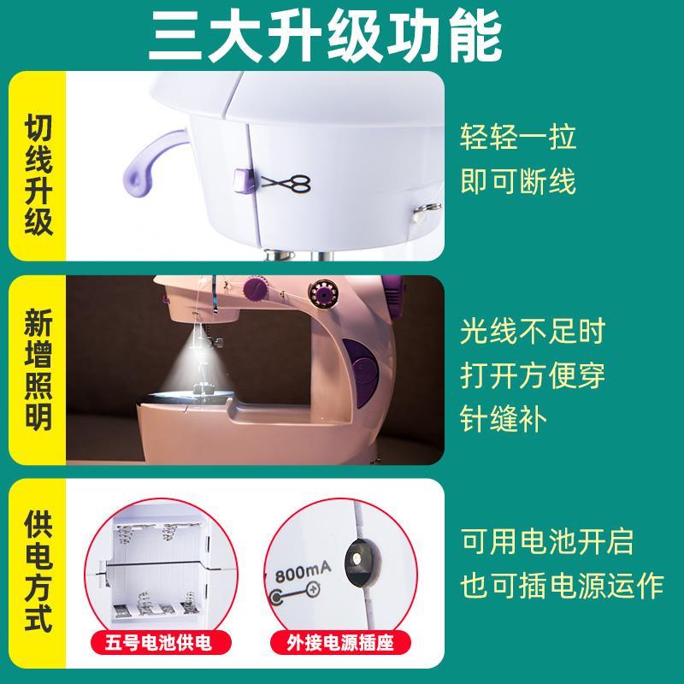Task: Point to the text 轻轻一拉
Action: tap(518, 136)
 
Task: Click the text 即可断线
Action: tap(518, 180)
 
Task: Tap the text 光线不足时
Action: tap(534, 329)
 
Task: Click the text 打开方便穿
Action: tap(534, 374)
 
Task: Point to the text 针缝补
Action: tap(504, 420)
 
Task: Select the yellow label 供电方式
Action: tap(38, 571)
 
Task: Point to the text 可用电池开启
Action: tap(548, 540)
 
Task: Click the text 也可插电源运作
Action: tap(563, 587)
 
